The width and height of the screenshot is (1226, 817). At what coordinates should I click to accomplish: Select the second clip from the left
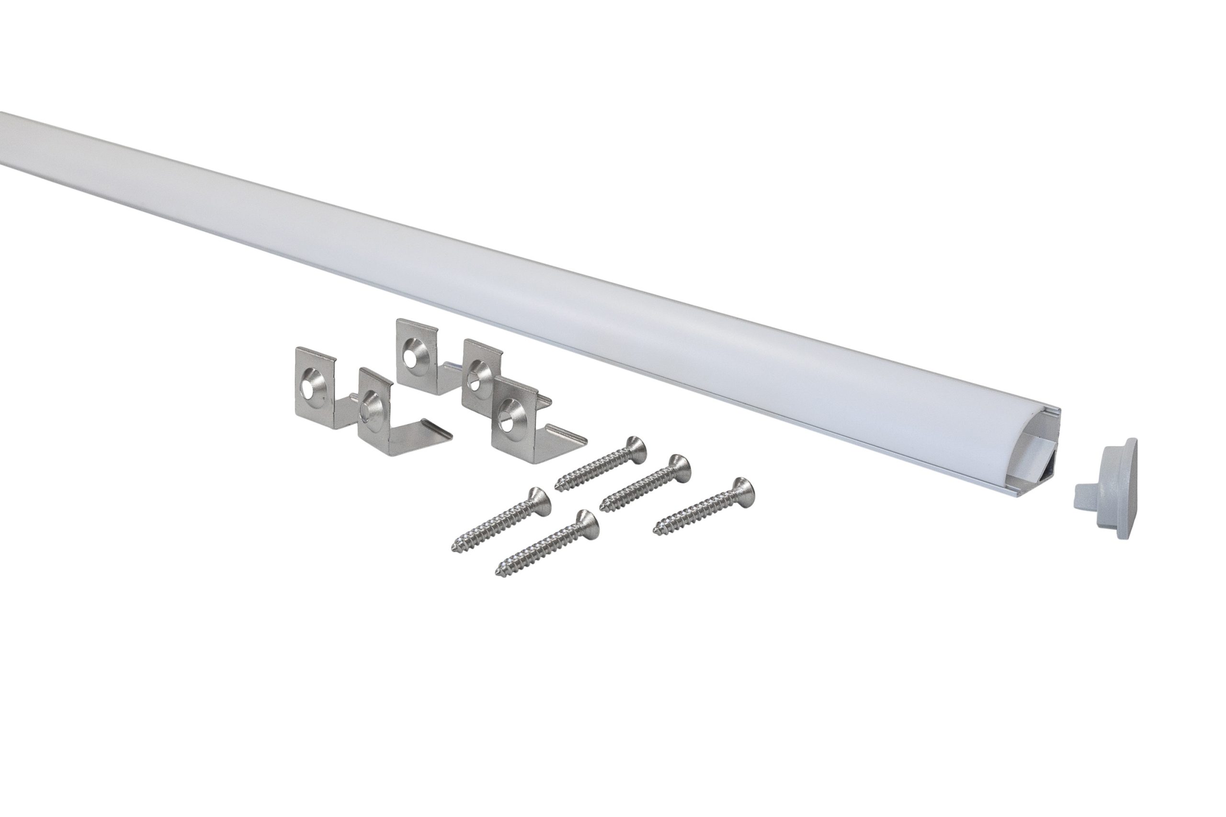[376, 412]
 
